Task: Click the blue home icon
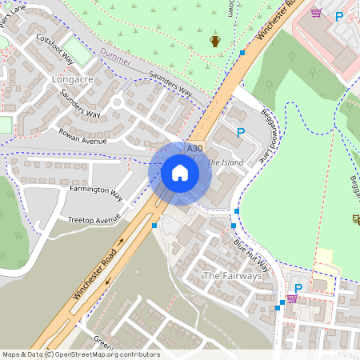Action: point(180,173)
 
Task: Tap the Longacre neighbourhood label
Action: point(72,80)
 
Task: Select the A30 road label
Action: point(194,149)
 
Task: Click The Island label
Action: point(224,163)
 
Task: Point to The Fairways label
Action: point(232,276)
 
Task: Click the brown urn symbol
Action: point(214,40)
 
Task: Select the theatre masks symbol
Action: point(354,218)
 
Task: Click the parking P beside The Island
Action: point(239,132)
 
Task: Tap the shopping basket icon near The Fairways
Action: point(291,298)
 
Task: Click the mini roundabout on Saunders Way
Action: point(117,102)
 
